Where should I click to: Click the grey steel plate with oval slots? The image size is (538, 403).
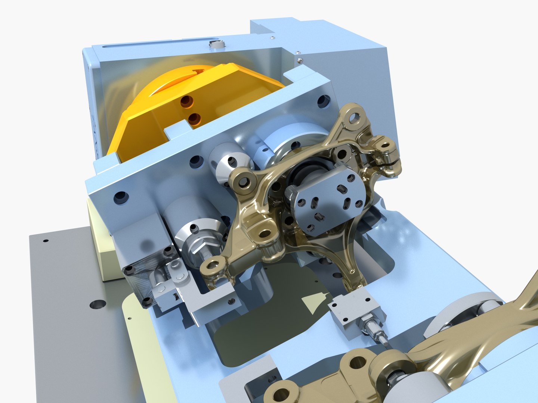pyautogui.click(x=327, y=201)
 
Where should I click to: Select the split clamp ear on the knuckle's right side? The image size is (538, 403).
pyautogui.click(x=389, y=160)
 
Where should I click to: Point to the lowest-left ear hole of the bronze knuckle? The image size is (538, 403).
pyautogui.click(x=212, y=266)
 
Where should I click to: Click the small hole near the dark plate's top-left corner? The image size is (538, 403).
pyautogui.click(x=46, y=241)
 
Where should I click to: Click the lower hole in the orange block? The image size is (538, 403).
pyautogui.click(x=194, y=119)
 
